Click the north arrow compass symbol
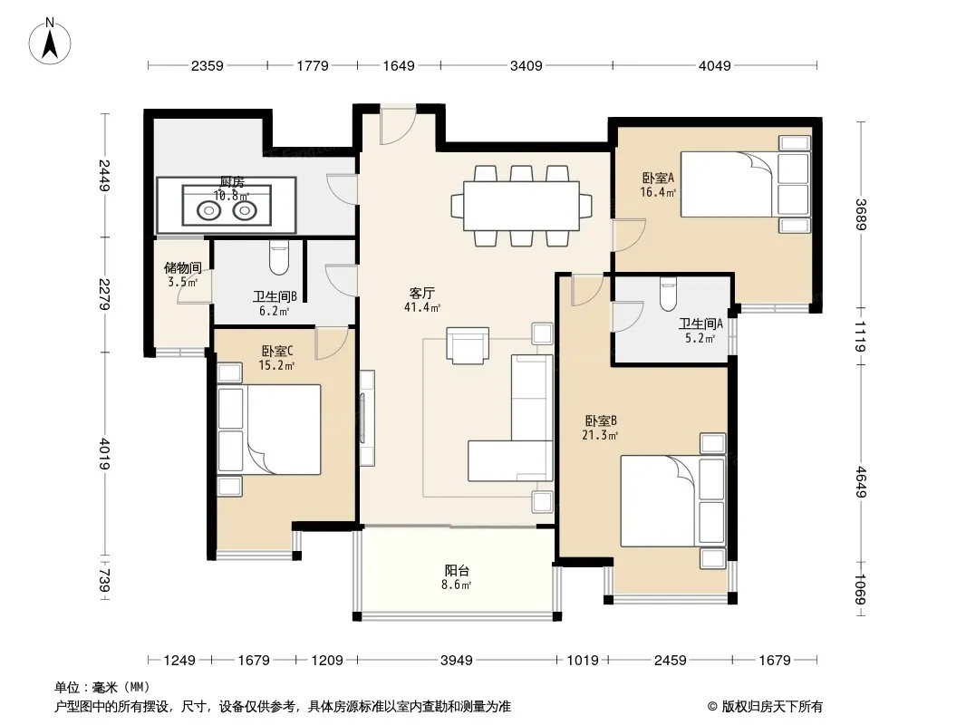click(x=50, y=41)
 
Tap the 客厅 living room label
click(x=422, y=293)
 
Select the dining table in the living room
click(x=521, y=205)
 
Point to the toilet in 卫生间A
click(x=668, y=294)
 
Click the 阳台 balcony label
click(x=457, y=570)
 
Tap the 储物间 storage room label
click(x=182, y=268)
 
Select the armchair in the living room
click(x=468, y=345)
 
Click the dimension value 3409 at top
click(x=526, y=65)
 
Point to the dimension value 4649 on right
click(x=861, y=482)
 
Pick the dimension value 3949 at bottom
click(x=457, y=661)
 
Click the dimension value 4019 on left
click(x=105, y=454)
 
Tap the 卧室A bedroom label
click(x=658, y=178)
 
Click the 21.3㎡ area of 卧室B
click(x=600, y=436)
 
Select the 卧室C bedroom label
click(x=276, y=351)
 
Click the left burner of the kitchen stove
click(x=208, y=210)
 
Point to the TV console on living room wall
click(x=367, y=419)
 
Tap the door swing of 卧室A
click(x=628, y=234)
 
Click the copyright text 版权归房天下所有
click(x=772, y=707)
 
